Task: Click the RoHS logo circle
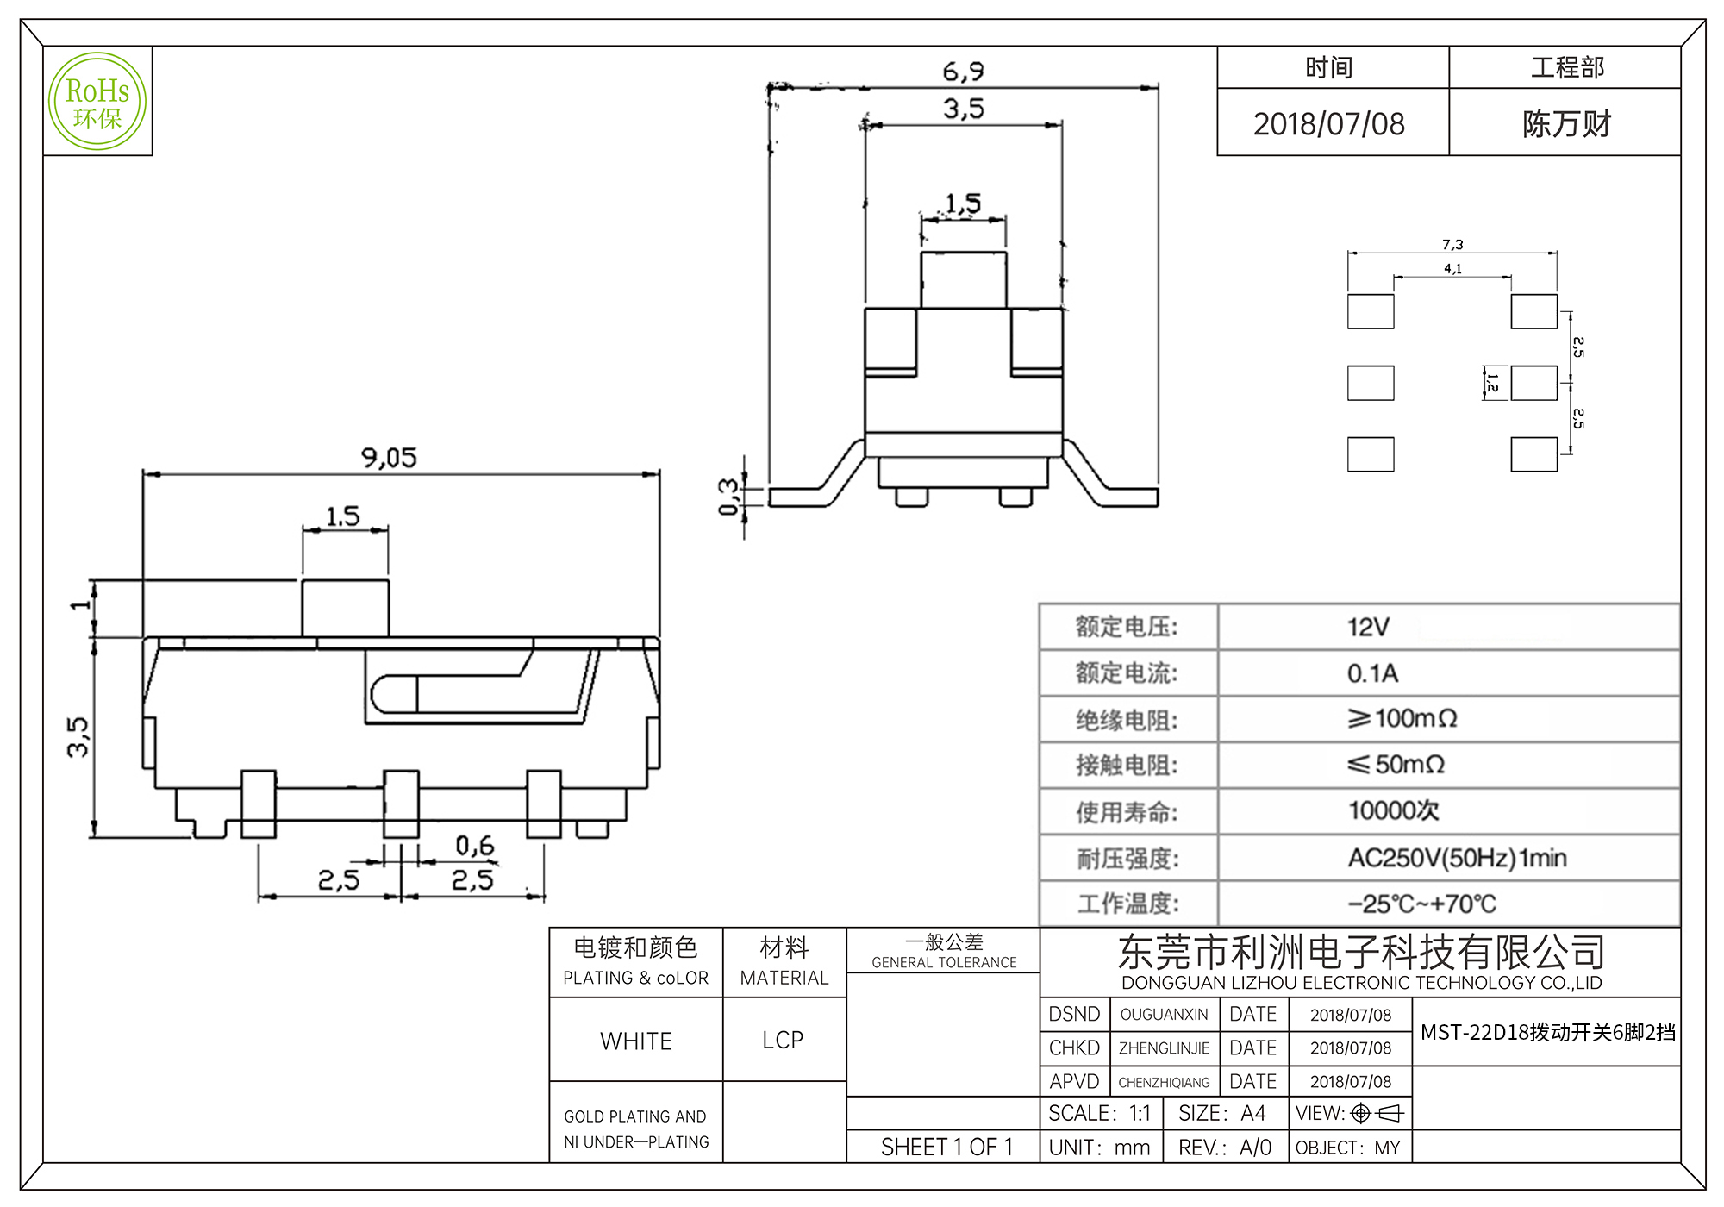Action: coord(97,102)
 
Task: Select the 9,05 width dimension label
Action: coord(389,458)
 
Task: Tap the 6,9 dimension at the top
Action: coord(963,72)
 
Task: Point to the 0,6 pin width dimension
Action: coord(475,846)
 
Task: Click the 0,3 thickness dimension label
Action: coord(729,497)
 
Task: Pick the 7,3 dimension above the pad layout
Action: coord(1452,245)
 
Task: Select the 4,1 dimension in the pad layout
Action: coord(1452,269)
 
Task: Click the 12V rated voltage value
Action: coord(1368,627)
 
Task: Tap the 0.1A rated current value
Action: coord(1372,673)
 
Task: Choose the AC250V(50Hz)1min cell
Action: coord(1457,858)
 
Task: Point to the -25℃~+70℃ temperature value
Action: coord(1421,904)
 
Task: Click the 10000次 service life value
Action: coord(1393,810)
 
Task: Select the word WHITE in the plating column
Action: coord(636,1041)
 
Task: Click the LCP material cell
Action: coord(783,1041)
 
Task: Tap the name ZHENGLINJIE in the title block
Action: coord(1164,1048)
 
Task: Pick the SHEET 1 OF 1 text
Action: coord(946,1148)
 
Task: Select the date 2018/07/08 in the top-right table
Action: coord(1329,124)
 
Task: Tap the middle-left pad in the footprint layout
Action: coord(1371,383)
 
